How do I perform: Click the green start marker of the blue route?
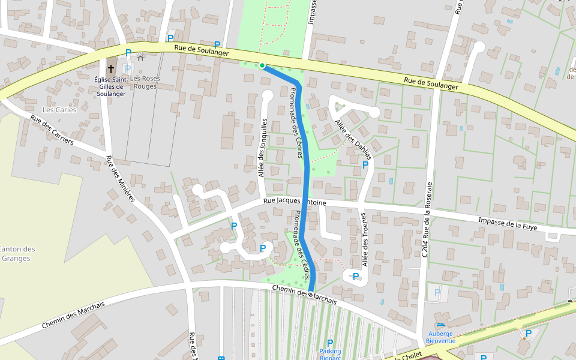(262, 65)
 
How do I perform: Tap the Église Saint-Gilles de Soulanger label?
(111, 86)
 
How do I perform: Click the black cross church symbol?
(111, 69)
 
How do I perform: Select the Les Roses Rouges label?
(143, 82)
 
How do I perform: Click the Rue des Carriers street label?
(52, 130)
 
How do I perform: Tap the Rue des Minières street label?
(121, 179)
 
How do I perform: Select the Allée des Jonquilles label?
(263, 148)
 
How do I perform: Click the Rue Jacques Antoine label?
(295, 203)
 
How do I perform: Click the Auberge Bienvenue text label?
(440, 337)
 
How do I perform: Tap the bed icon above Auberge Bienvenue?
(440, 325)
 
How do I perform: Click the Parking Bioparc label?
(329, 355)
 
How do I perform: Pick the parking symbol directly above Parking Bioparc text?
(329, 343)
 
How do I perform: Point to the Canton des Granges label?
(16, 254)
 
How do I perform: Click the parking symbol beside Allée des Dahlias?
(365, 165)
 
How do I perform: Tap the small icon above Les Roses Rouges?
(140, 57)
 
